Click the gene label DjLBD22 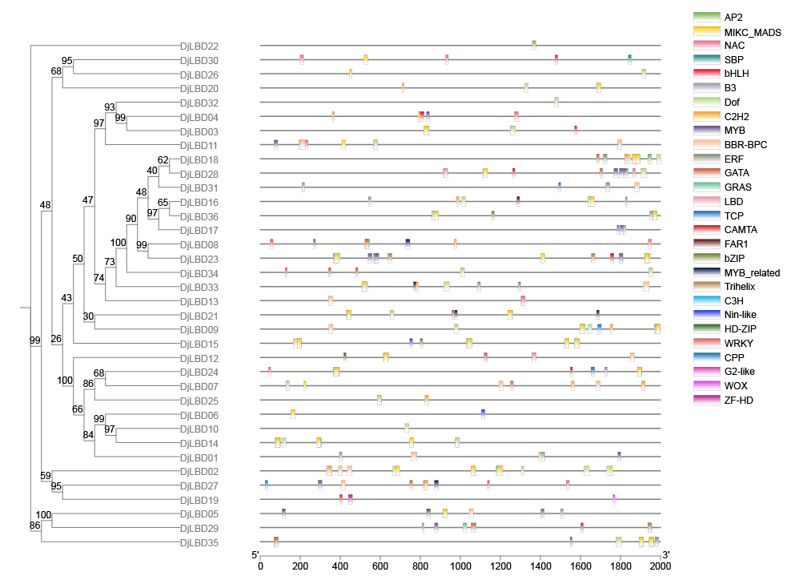[x=199, y=46]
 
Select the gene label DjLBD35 [x=199, y=543]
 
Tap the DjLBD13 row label [x=199, y=301]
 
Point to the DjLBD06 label [x=199, y=415]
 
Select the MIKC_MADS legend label [x=752, y=33]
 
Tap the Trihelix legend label [x=741, y=286]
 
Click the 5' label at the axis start [x=255, y=555]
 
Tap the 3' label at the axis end [x=665, y=555]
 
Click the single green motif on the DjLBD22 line [x=534, y=46]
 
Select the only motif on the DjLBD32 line [x=556, y=103]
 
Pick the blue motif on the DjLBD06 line [x=483, y=414]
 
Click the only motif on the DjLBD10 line [x=407, y=429]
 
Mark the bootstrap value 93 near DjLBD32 [x=110, y=107]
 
